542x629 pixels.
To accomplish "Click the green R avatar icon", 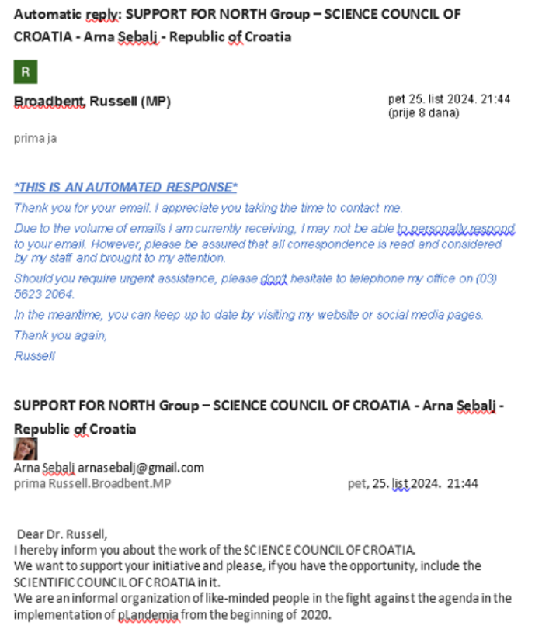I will [26, 73].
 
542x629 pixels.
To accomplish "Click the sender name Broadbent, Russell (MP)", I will [92, 102].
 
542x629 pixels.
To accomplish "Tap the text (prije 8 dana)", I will [423, 113].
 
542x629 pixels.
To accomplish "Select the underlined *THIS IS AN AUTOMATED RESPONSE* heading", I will [126, 187].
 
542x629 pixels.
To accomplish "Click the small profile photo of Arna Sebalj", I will [26, 448].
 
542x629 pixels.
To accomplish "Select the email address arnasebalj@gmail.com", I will [141, 468].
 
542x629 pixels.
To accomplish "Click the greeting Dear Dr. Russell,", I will [62, 534].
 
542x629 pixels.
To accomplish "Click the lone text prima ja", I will [35, 139].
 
